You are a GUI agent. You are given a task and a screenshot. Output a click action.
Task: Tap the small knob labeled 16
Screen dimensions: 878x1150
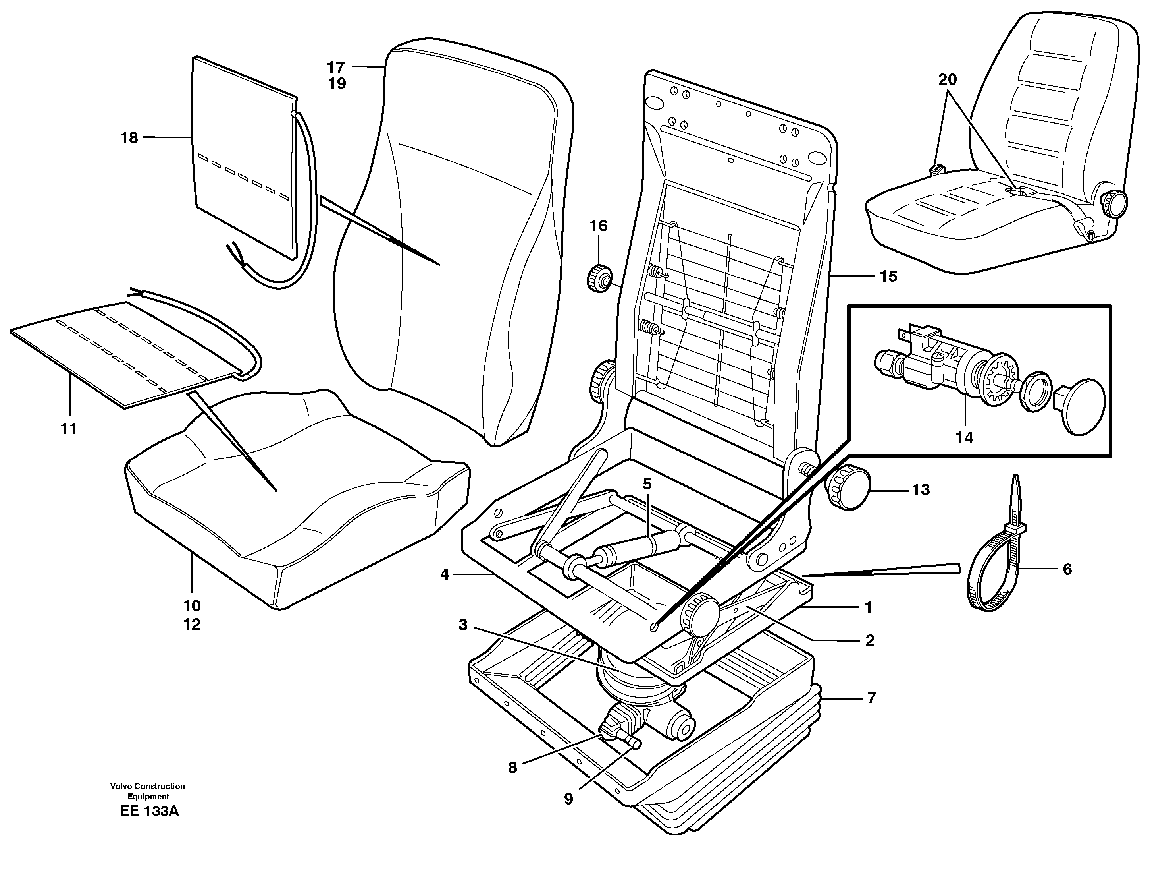[x=599, y=278]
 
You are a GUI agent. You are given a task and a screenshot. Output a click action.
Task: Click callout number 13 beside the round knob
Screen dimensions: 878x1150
[x=921, y=490]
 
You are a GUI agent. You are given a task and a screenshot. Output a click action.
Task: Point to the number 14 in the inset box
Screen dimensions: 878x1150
[x=965, y=437]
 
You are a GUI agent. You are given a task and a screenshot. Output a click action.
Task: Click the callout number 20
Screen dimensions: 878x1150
[x=948, y=79]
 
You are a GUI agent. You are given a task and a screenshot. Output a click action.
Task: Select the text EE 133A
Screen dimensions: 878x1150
[x=149, y=812]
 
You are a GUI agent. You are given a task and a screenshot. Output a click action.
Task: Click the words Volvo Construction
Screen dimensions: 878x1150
[x=148, y=786]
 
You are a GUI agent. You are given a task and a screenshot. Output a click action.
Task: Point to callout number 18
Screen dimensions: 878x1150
[x=129, y=138]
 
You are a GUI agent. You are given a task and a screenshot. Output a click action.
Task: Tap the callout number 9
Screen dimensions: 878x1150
[x=568, y=799]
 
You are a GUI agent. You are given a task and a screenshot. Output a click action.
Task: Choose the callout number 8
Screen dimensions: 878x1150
[x=512, y=767]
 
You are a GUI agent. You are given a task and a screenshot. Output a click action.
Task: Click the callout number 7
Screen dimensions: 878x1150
[x=871, y=698]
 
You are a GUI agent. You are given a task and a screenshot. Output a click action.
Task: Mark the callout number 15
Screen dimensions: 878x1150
[x=888, y=276]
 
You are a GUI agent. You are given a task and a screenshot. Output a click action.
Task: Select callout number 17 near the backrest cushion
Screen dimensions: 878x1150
[x=336, y=67]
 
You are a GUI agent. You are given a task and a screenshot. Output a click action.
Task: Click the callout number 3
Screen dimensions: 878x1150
[x=463, y=625]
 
